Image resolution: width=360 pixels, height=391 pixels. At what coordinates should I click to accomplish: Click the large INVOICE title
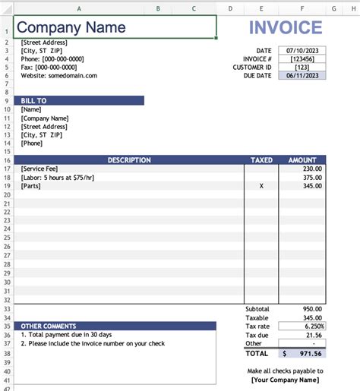click(285, 28)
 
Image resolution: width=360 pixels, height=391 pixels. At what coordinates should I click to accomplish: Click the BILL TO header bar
click(79, 100)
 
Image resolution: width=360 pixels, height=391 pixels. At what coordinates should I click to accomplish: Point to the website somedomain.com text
click(59, 75)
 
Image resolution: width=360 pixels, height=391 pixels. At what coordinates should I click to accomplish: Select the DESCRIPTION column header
click(128, 160)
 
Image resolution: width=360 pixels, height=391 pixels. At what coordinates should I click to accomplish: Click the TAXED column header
click(261, 160)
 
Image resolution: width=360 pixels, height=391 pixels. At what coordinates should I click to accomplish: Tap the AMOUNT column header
click(302, 160)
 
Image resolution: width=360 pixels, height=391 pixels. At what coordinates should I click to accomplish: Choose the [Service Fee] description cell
click(39, 169)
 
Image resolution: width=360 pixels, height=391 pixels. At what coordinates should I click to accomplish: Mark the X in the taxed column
click(261, 185)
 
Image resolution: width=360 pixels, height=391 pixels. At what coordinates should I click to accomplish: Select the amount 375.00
click(312, 177)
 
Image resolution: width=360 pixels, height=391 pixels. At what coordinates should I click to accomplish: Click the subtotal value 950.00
click(312, 309)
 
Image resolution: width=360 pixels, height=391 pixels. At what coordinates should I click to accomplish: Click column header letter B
click(158, 8)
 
